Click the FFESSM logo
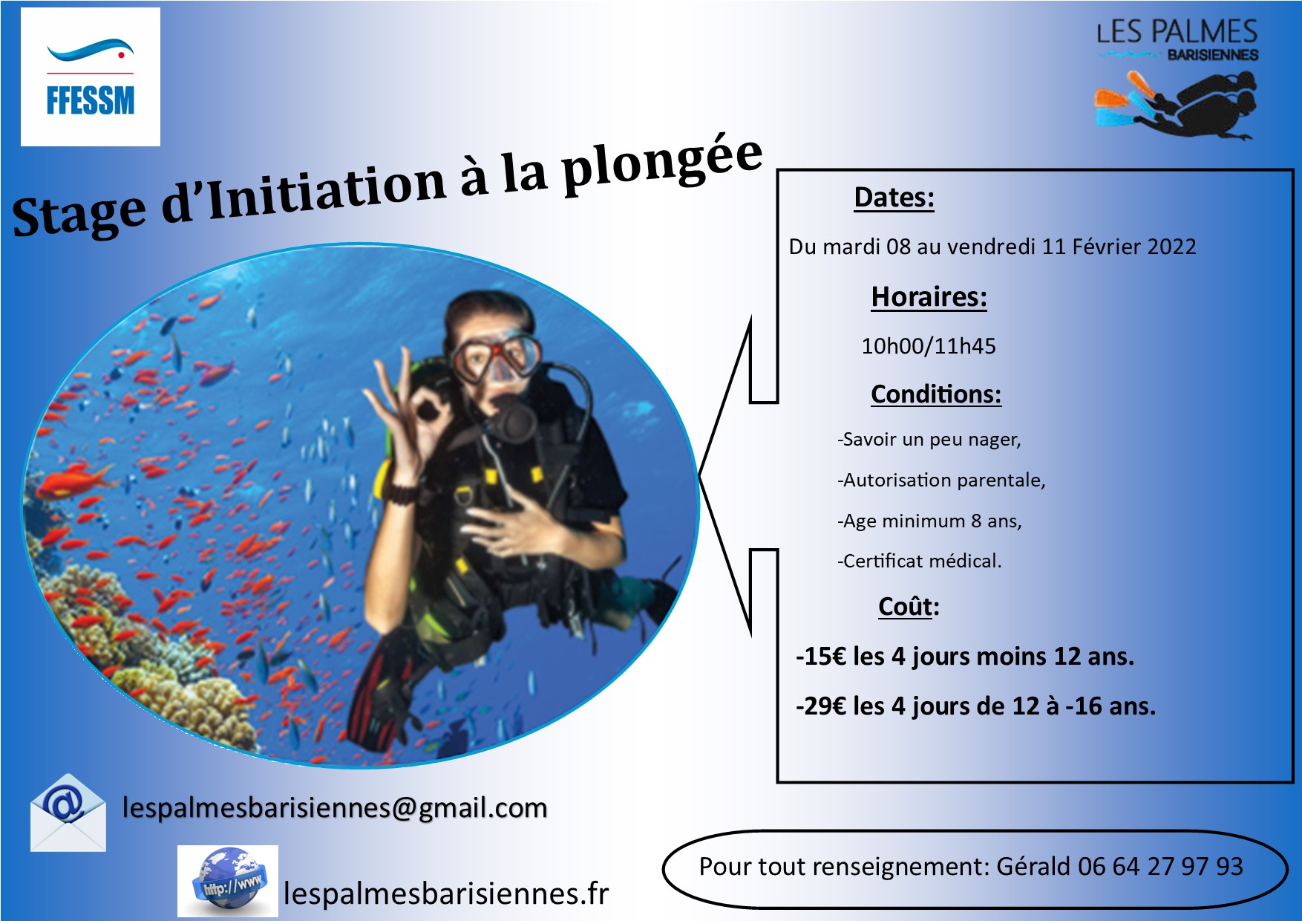pyautogui.click(x=91, y=77)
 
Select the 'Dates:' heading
pyautogui.click(x=894, y=198)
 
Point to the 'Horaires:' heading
pyautogui.click(x=929, y=297)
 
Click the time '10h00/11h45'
pyautogui.click(x=929, y=346)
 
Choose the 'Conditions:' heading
pyautogui.click(x=936, y=394)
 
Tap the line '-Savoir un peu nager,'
pyautogui.click(x=929, y=440)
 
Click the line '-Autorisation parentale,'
pyautogui.click(x=941, y=481)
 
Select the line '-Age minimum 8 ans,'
pyautogui.click(x=929, y=521)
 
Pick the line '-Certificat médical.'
pyautogui.click(x=920, y=561)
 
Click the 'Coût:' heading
pyautogui.click(x=909, y=607)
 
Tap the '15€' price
pyautogui.click(x=825, y=657)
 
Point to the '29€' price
pyautogui.click(x=825, y=706)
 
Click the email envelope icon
pyautogui.click(x=68, y=813)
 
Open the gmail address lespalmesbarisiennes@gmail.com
pyautogui.click(x=335, y=808)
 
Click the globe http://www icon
pyautogui.click(x=228, y=881)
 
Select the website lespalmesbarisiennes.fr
pyautogui.click(x=446, y=894)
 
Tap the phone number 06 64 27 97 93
pyautogui.click(x=1160, y=867)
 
